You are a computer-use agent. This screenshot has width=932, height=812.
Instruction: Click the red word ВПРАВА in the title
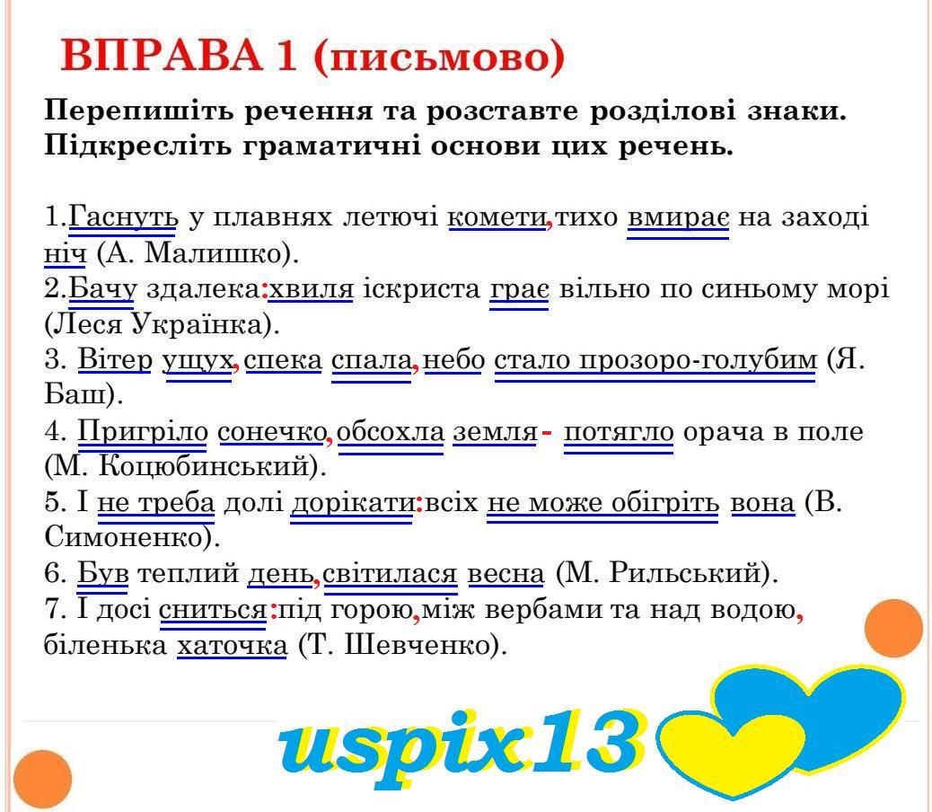(x=161, y=56)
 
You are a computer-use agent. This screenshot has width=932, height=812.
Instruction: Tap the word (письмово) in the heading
(x=439, y=57)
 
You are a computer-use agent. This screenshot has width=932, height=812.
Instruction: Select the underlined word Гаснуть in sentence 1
(x=123, y=217)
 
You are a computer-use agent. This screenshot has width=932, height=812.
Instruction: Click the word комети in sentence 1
(x=497, y=217)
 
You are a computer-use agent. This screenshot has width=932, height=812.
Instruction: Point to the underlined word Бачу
(x=102, y=289)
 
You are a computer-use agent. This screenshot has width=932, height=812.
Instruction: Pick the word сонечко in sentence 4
(x=272, y=431)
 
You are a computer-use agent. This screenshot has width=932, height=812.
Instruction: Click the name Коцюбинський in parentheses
(x=203, y=466)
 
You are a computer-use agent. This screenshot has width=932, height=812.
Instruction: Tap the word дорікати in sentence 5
(x=352, y=503)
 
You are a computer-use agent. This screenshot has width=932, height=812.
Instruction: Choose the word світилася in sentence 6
(x=391, y=574)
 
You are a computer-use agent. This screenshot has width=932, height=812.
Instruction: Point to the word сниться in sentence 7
(x=213, y=610)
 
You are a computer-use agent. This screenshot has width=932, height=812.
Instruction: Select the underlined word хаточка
(x=232, y=646)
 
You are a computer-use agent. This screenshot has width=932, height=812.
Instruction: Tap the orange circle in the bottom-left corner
(x=43, y=780)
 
